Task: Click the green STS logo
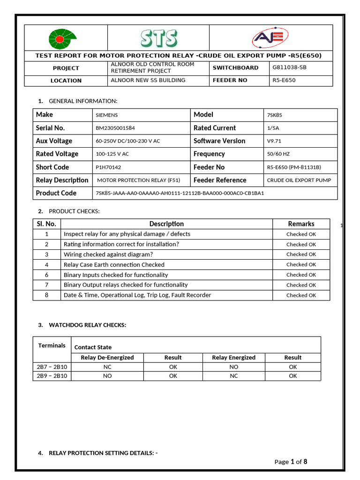(x=158, y=38)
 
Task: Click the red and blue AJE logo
(x=270, y=38)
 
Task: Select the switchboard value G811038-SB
(x=289, y=67)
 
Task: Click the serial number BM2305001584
(x=115, y=128)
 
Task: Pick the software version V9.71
(x=274, y=141)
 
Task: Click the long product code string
(x=180, y=193)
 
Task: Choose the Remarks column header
(x=301, y=224)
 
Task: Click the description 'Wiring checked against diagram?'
(x=108, y=255)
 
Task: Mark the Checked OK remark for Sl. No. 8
(x=301, y=295)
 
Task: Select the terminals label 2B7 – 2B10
(x=52, y=367)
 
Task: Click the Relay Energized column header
(x=233, y=358)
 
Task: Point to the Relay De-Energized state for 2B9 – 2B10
(x=107, y=376)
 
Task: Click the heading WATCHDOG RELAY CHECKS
(x=87, y=325)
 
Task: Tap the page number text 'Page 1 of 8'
(x=291, y=462)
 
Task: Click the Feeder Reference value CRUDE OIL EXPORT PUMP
(x=299, y=180)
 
